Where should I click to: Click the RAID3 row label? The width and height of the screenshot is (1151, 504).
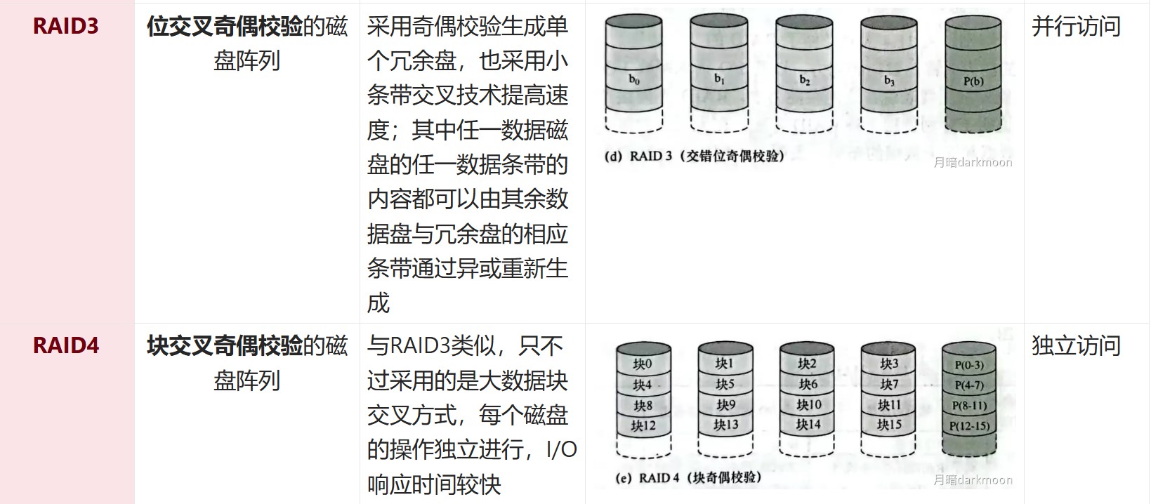[x=65, y=27]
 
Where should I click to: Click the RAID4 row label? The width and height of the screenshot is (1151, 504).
[x=65, y=346]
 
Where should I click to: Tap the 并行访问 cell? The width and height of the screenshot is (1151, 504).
[x=1075, y=27]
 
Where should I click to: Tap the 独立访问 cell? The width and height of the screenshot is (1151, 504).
[x=1075, y=346]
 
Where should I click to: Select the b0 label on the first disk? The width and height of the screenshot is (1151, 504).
[x=633, y=79]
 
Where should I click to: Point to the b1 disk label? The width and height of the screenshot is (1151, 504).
[x=719, y=79]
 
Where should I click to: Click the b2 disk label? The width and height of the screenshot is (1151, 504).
[x=804, y=80]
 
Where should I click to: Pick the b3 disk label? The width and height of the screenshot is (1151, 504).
[x=889, y=81]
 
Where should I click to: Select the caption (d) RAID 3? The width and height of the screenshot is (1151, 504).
[x=694, y=156]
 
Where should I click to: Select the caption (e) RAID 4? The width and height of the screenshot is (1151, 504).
[x=688, y=478]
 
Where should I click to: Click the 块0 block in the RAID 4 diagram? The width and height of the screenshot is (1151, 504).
[x=643, y=364]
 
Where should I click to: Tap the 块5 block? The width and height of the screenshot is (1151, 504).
[x=725, y=385]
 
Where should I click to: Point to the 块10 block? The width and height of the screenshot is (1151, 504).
[x=808, y=405]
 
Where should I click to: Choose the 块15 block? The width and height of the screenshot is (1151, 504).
[x=889, y=425]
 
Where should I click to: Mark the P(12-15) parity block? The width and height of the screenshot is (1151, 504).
[x=969, y=425]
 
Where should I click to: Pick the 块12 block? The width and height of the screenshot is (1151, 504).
[x=643, y=425]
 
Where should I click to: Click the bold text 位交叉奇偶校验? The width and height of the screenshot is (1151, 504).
[x=225, y=27]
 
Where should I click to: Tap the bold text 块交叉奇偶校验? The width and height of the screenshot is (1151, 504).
[x=225, y=346]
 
